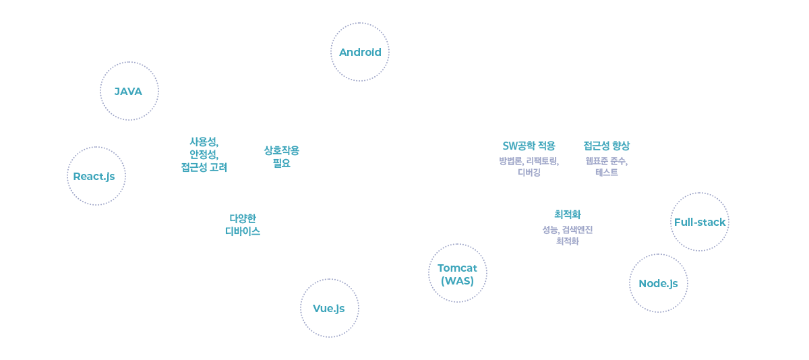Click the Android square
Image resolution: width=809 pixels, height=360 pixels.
(x=359, y=52)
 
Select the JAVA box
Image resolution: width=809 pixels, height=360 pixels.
(x=129, y=90)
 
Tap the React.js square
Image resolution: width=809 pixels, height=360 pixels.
(x=96, y=175)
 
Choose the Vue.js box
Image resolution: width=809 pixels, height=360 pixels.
(x=329, y=307)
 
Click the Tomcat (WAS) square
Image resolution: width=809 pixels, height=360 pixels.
(x=457, y=273)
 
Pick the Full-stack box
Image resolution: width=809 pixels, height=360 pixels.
(x=699, y=221)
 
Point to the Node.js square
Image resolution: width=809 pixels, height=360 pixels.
(x=658, y=282)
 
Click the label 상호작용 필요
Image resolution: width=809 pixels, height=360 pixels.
(x=280, y=156)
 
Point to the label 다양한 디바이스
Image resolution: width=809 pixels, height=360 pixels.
(x=243, y=224)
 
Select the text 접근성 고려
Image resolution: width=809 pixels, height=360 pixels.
(x=204, y=167)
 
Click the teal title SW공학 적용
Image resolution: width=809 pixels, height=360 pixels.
(x=529, y=146)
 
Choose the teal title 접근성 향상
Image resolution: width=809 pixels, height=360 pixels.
(x=606, y=146)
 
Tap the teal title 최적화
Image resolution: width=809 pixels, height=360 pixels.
(x=567, y=214)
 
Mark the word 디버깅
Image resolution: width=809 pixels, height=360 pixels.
(x=529, y=173)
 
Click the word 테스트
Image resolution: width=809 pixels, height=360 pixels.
(x=606, y=173)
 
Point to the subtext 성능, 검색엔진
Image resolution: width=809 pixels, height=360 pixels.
(x=567, y=229)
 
